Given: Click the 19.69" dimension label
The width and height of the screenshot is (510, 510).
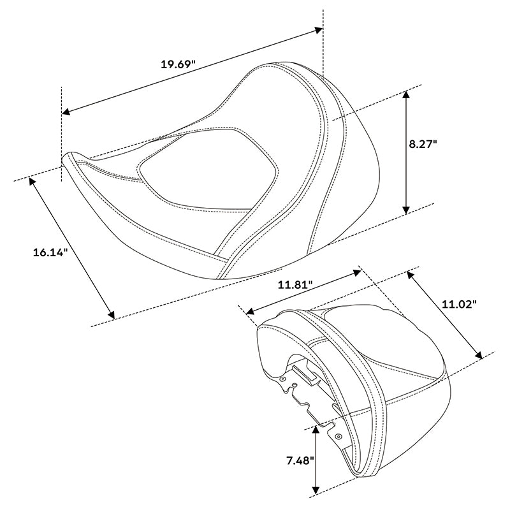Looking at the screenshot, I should (178, 64).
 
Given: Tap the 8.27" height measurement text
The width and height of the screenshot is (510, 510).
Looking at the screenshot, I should (423, 144).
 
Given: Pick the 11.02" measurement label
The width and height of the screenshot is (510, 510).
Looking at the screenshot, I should (460, 305).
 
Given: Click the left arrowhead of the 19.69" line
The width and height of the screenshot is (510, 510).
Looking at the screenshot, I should (65, 113).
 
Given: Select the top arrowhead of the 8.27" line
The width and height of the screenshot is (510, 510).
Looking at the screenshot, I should (405, 94).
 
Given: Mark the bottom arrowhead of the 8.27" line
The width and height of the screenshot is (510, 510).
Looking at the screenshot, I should (405, 210).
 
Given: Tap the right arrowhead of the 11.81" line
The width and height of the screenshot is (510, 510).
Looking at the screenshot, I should (358, 272).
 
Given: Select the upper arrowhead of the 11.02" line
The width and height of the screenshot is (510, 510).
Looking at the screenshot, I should (409, 275).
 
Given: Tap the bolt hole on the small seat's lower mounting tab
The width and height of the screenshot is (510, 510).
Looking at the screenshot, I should (339, 437).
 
